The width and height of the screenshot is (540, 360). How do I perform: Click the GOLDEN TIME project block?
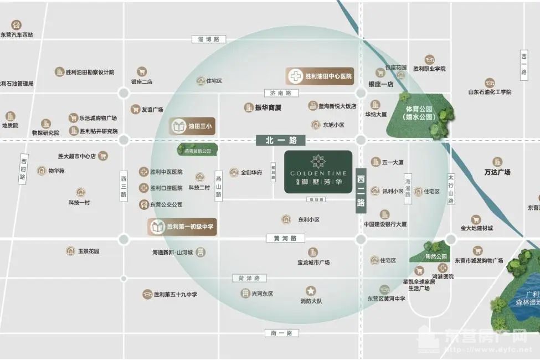[318, 172]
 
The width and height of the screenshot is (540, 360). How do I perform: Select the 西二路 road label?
[361, 191]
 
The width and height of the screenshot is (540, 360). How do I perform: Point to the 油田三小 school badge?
[192, 127]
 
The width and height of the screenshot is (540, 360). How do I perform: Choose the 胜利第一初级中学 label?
[182, 227]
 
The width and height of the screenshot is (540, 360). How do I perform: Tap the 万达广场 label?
[497, 172]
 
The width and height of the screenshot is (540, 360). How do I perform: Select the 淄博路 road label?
[209, 39]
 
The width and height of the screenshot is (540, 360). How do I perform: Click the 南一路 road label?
[277, 333]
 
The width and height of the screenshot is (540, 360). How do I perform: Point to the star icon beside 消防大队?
[311, 290]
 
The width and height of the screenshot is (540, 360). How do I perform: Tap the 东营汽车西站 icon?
[17, 25]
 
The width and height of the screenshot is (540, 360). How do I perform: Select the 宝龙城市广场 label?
[313, 263]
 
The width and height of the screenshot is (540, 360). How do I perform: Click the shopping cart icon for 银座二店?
[142, 71]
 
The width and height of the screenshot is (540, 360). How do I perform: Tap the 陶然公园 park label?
[436, 257]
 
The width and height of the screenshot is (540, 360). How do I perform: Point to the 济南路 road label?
[273, 93]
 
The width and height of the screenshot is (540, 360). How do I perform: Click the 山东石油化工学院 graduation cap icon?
[490, 83]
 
